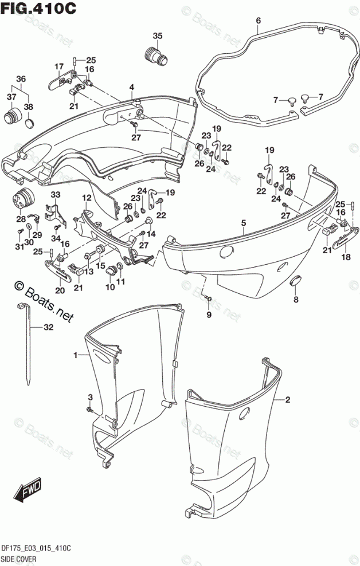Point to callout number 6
click(258, 21)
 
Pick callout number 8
click(296, 300)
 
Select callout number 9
click(209, 315)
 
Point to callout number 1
click(75, 356)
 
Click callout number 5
click(244, 222)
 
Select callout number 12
click(87, 198)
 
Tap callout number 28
click(21, 219)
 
